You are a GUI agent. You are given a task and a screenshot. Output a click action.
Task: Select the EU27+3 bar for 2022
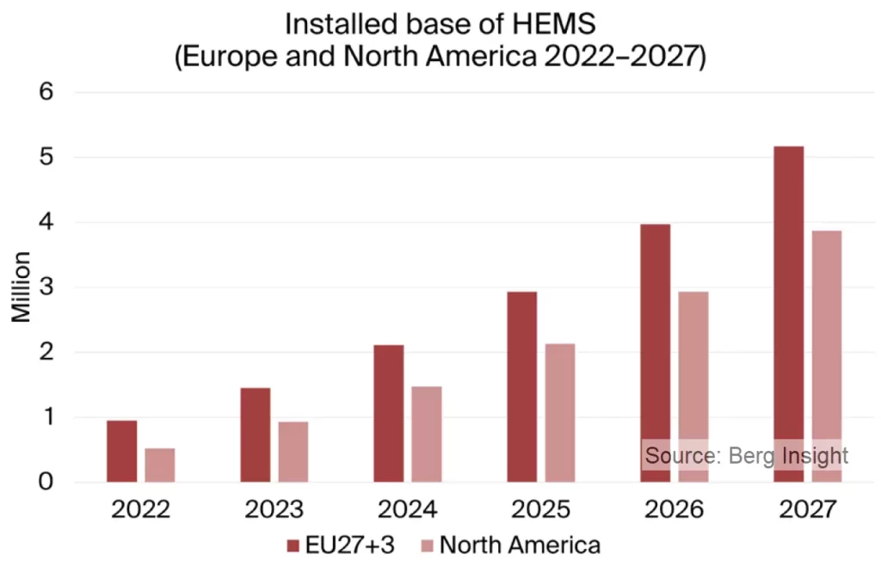[x=121, y=451]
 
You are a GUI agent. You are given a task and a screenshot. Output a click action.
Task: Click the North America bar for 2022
[x=159, y=465]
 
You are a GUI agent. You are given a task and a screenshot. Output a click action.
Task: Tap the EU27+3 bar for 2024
[x=389, y=413]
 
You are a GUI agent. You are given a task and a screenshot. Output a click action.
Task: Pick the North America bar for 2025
[x=560, y=413]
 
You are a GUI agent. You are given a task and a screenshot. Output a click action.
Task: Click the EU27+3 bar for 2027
[x=789, y=314]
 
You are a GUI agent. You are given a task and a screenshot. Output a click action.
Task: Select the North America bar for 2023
[x=293, y=452]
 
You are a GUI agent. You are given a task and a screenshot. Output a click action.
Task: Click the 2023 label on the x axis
[x=274, y=509]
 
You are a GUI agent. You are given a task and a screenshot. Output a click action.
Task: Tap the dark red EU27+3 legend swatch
[x=293, y=545]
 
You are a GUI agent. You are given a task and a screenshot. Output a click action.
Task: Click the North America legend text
[x=519, y=545]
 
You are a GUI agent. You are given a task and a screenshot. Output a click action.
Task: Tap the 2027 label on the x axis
[x=807, y=509]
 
